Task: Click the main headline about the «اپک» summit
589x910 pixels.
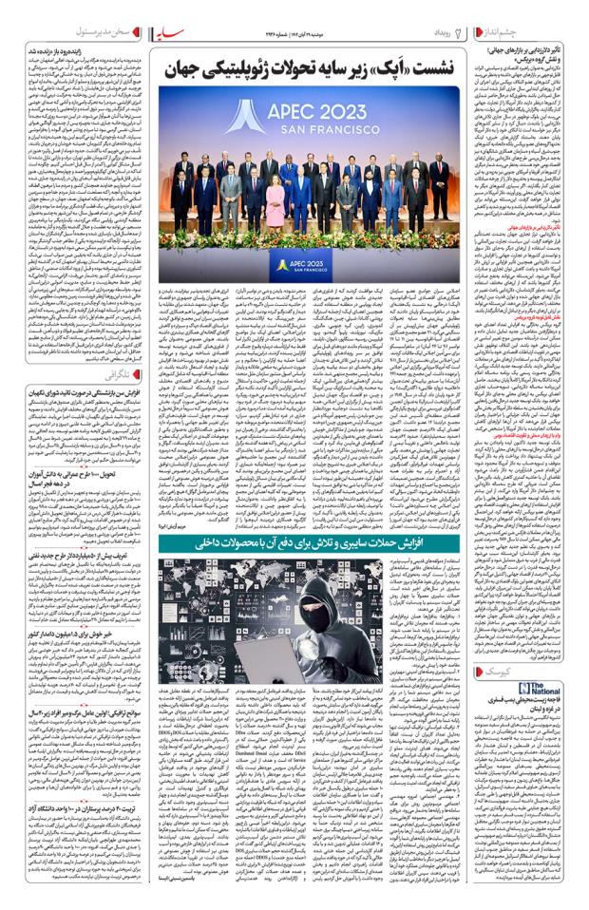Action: [313, 69]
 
